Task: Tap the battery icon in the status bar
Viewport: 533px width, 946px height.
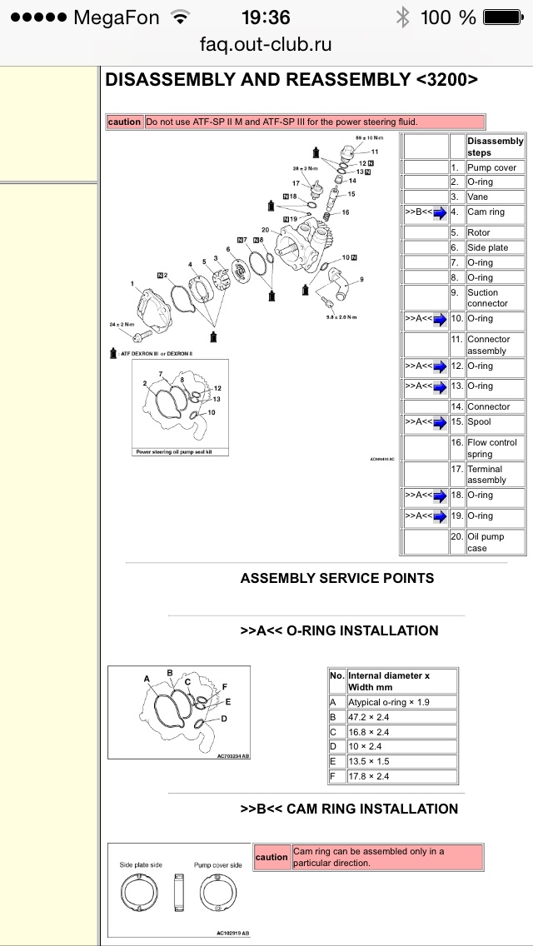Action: point(505,17)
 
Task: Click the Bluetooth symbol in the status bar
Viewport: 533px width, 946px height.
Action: point(404,17)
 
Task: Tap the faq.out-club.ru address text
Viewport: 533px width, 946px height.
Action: point(266,44)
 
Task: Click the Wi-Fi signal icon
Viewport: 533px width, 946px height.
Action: point(178,17)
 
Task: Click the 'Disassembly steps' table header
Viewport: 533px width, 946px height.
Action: point(495,147)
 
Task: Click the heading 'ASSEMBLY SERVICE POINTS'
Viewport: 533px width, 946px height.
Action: point(337,578)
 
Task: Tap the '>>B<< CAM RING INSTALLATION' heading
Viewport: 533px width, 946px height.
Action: point(349,809)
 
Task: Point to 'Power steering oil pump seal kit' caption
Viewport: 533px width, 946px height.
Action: point(177,452)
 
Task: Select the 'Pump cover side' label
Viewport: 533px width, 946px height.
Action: point(218,865)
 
